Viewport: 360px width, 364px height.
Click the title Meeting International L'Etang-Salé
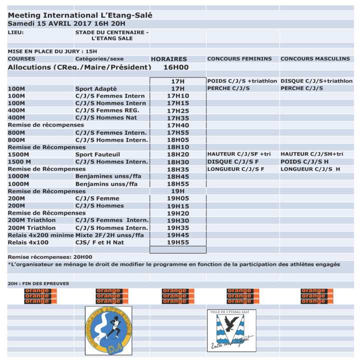(80, 16)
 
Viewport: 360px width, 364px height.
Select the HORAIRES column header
(169, 59)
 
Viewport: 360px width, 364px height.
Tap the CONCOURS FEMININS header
(239, 59)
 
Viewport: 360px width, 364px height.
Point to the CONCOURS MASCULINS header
(315, 59)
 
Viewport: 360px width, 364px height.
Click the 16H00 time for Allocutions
(176, 67)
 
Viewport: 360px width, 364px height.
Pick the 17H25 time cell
(178, 111)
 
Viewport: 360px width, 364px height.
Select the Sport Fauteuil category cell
(98, 155)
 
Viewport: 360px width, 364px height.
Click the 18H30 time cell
(178, 162)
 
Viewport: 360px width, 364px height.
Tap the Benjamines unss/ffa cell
(107, 177)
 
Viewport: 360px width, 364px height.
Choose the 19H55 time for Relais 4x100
(178, 243)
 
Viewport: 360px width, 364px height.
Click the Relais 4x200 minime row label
(41, 235)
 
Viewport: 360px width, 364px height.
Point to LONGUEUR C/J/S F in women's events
(235, 169)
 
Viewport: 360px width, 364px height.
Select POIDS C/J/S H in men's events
(304, 162)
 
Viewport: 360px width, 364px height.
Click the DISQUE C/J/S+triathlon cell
(316, 81)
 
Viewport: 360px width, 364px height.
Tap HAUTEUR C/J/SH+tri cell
(312, 155)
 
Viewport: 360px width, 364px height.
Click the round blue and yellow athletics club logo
(109, 331)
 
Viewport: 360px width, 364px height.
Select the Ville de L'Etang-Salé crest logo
(231, 330)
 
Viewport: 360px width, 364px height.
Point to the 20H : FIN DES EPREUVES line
(39, 284)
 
